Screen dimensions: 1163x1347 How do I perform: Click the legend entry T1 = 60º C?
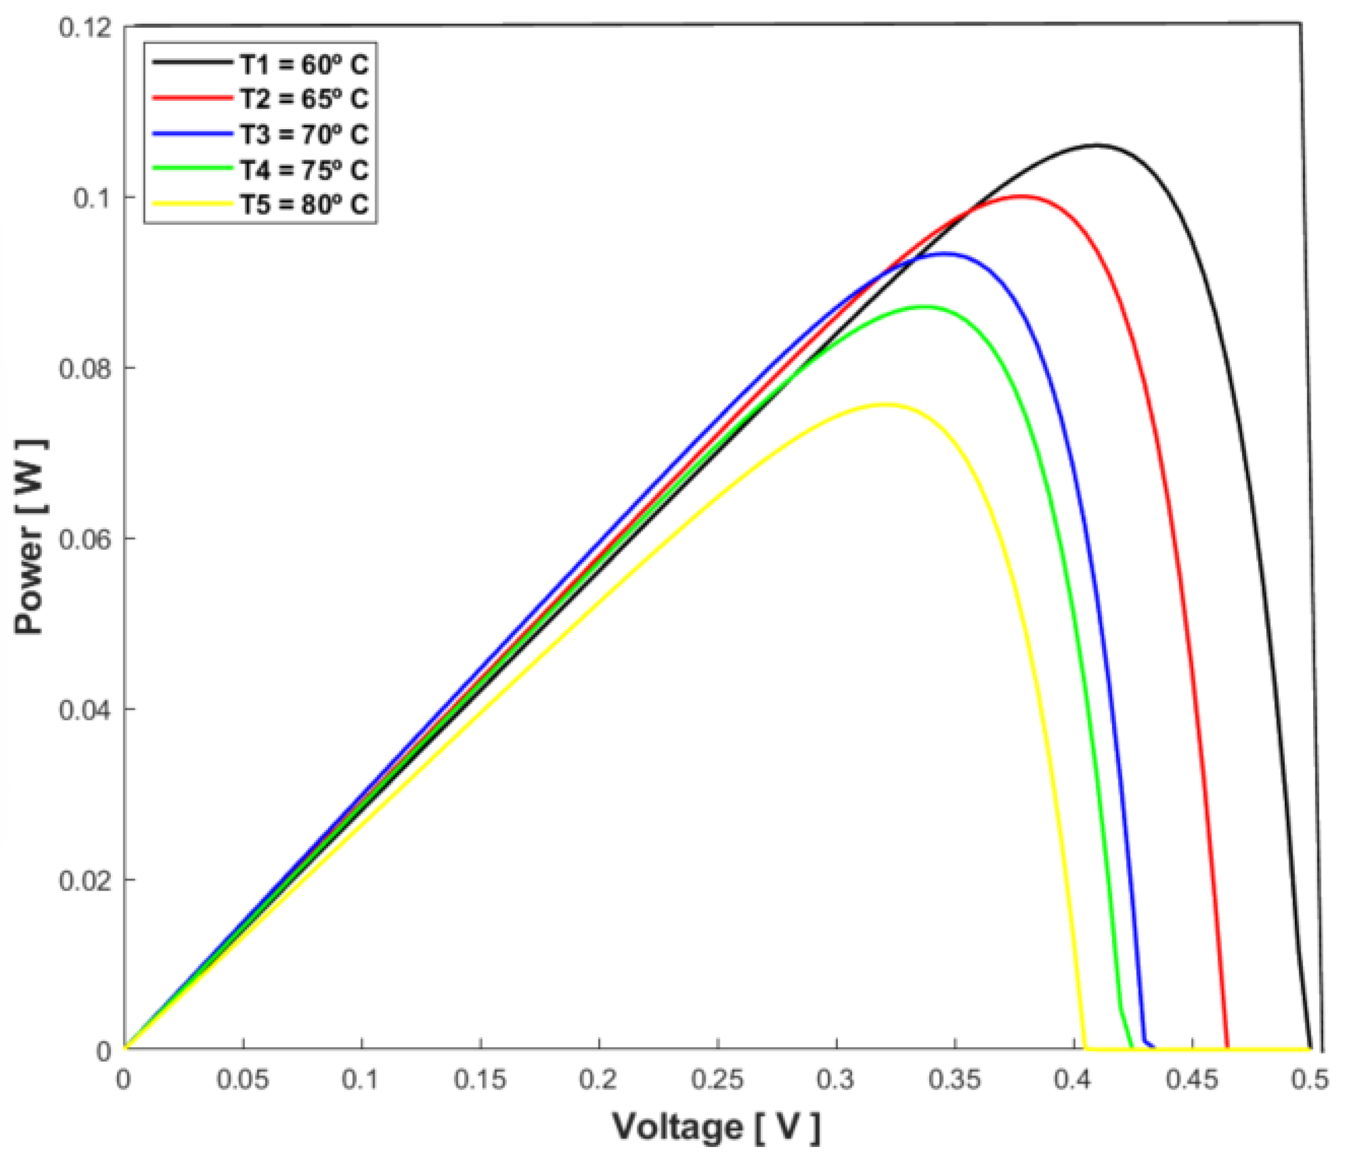304,65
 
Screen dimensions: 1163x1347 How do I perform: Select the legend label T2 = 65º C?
304,100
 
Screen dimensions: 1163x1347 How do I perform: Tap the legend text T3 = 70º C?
304,135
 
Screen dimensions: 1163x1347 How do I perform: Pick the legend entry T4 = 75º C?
304,170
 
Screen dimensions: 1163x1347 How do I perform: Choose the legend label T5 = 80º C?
304,205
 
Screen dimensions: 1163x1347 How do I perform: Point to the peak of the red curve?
1021,196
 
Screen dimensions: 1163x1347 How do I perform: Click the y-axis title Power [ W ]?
30,537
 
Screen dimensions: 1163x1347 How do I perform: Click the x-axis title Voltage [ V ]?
716,1127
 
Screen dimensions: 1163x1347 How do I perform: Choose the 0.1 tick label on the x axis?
361,1081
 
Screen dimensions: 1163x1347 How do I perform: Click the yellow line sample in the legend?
192,204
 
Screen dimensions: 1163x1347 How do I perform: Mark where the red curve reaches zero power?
1227,1048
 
